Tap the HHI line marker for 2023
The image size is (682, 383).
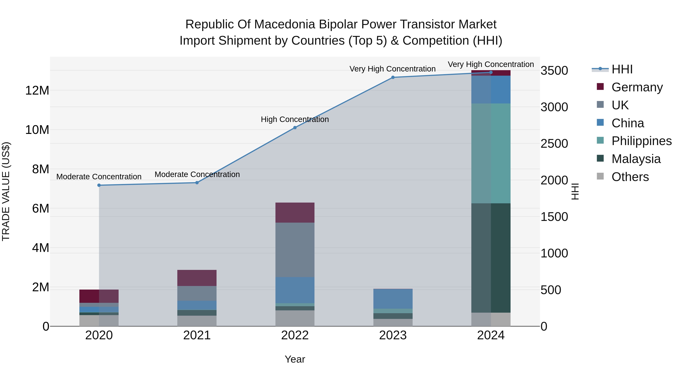click(393, 77)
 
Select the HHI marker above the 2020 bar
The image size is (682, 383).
click(99, 185)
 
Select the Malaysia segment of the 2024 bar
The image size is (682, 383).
click(491, 258)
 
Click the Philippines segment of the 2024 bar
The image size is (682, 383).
click(491, 153)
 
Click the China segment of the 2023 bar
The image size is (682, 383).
click(393, 299)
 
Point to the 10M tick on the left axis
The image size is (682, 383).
click(37, 130)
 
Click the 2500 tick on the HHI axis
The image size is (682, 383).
click(554, 144)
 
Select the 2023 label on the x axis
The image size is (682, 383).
click(393, 335)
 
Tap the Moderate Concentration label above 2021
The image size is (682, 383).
click(197, 174)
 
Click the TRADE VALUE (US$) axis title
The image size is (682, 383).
click(6, 191)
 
